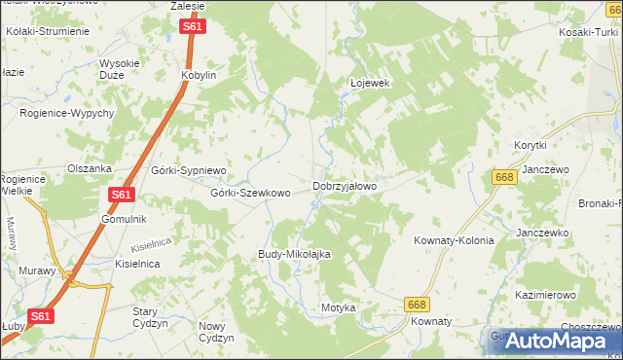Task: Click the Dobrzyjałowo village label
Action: click(345, 185)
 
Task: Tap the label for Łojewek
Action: click(370, 83)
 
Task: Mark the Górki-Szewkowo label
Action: click(251, 193)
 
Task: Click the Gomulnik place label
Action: click(124, 219)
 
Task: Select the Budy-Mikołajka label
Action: click(295, 254)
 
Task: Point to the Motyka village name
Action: click(339, 307)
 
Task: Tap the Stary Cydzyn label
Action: click(151, 316)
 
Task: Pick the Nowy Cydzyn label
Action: click(217, 332)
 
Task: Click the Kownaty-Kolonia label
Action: click(454, 239)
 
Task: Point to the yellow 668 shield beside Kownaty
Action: click(416, 305)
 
